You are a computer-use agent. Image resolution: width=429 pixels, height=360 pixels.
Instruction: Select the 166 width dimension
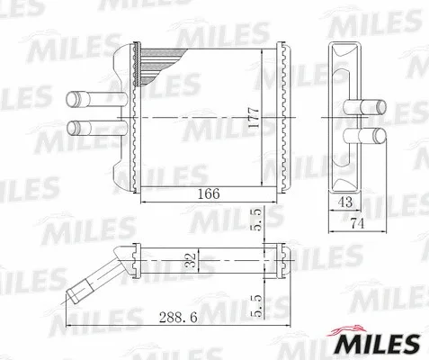208,193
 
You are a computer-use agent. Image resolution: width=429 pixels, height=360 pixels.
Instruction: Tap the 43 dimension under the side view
344,204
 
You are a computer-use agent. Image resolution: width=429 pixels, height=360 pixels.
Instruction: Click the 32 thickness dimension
188,261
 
